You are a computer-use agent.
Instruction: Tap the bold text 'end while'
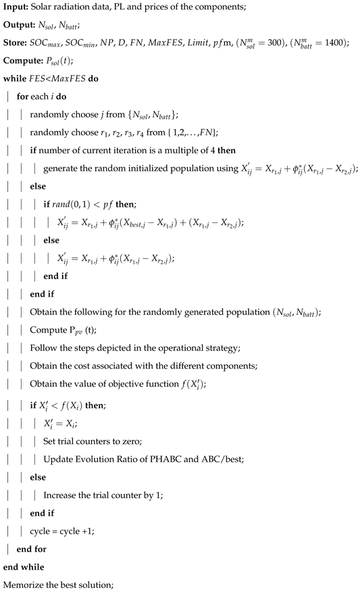click(x=24, y=566)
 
